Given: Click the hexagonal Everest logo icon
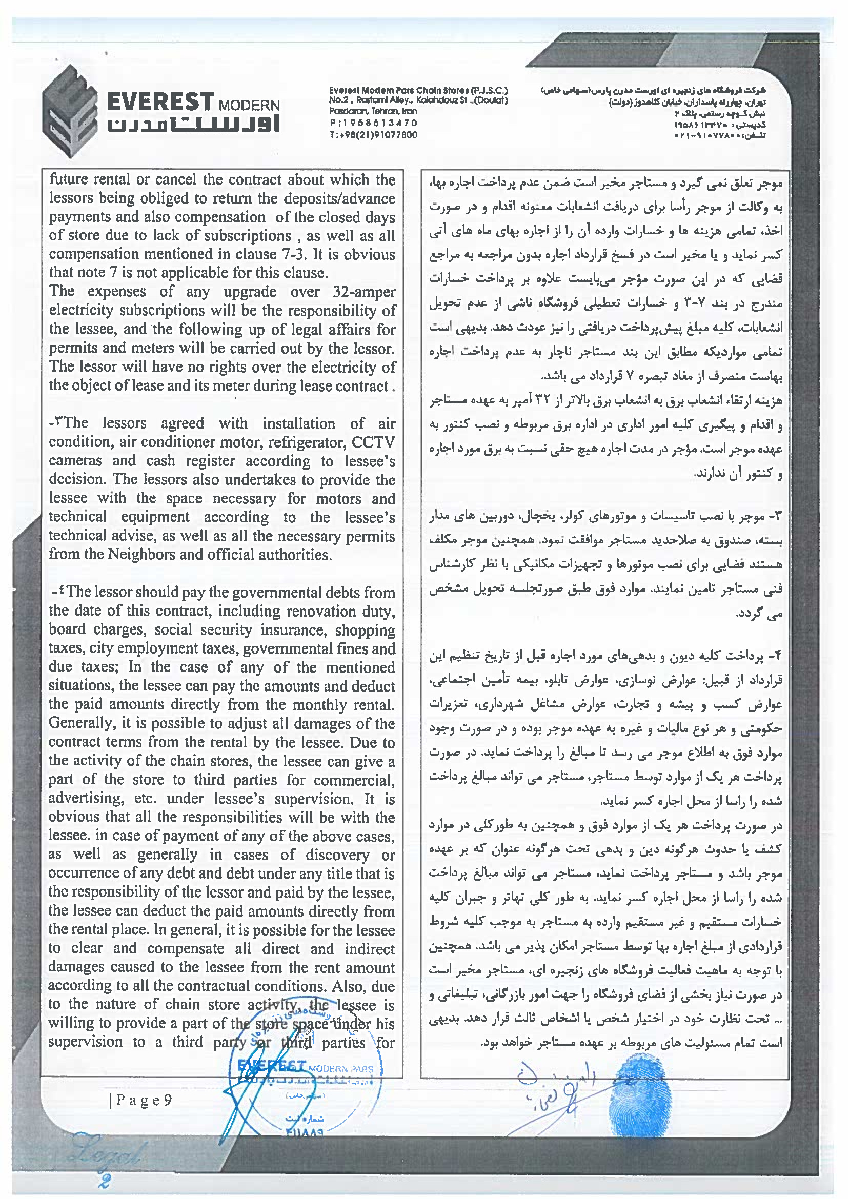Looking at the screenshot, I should (x=70, y=111).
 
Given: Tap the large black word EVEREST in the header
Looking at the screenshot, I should (x=160, y=101).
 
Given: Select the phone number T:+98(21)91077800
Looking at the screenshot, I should (x=373, y=135).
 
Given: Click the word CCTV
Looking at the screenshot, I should (x=373, y=442).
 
